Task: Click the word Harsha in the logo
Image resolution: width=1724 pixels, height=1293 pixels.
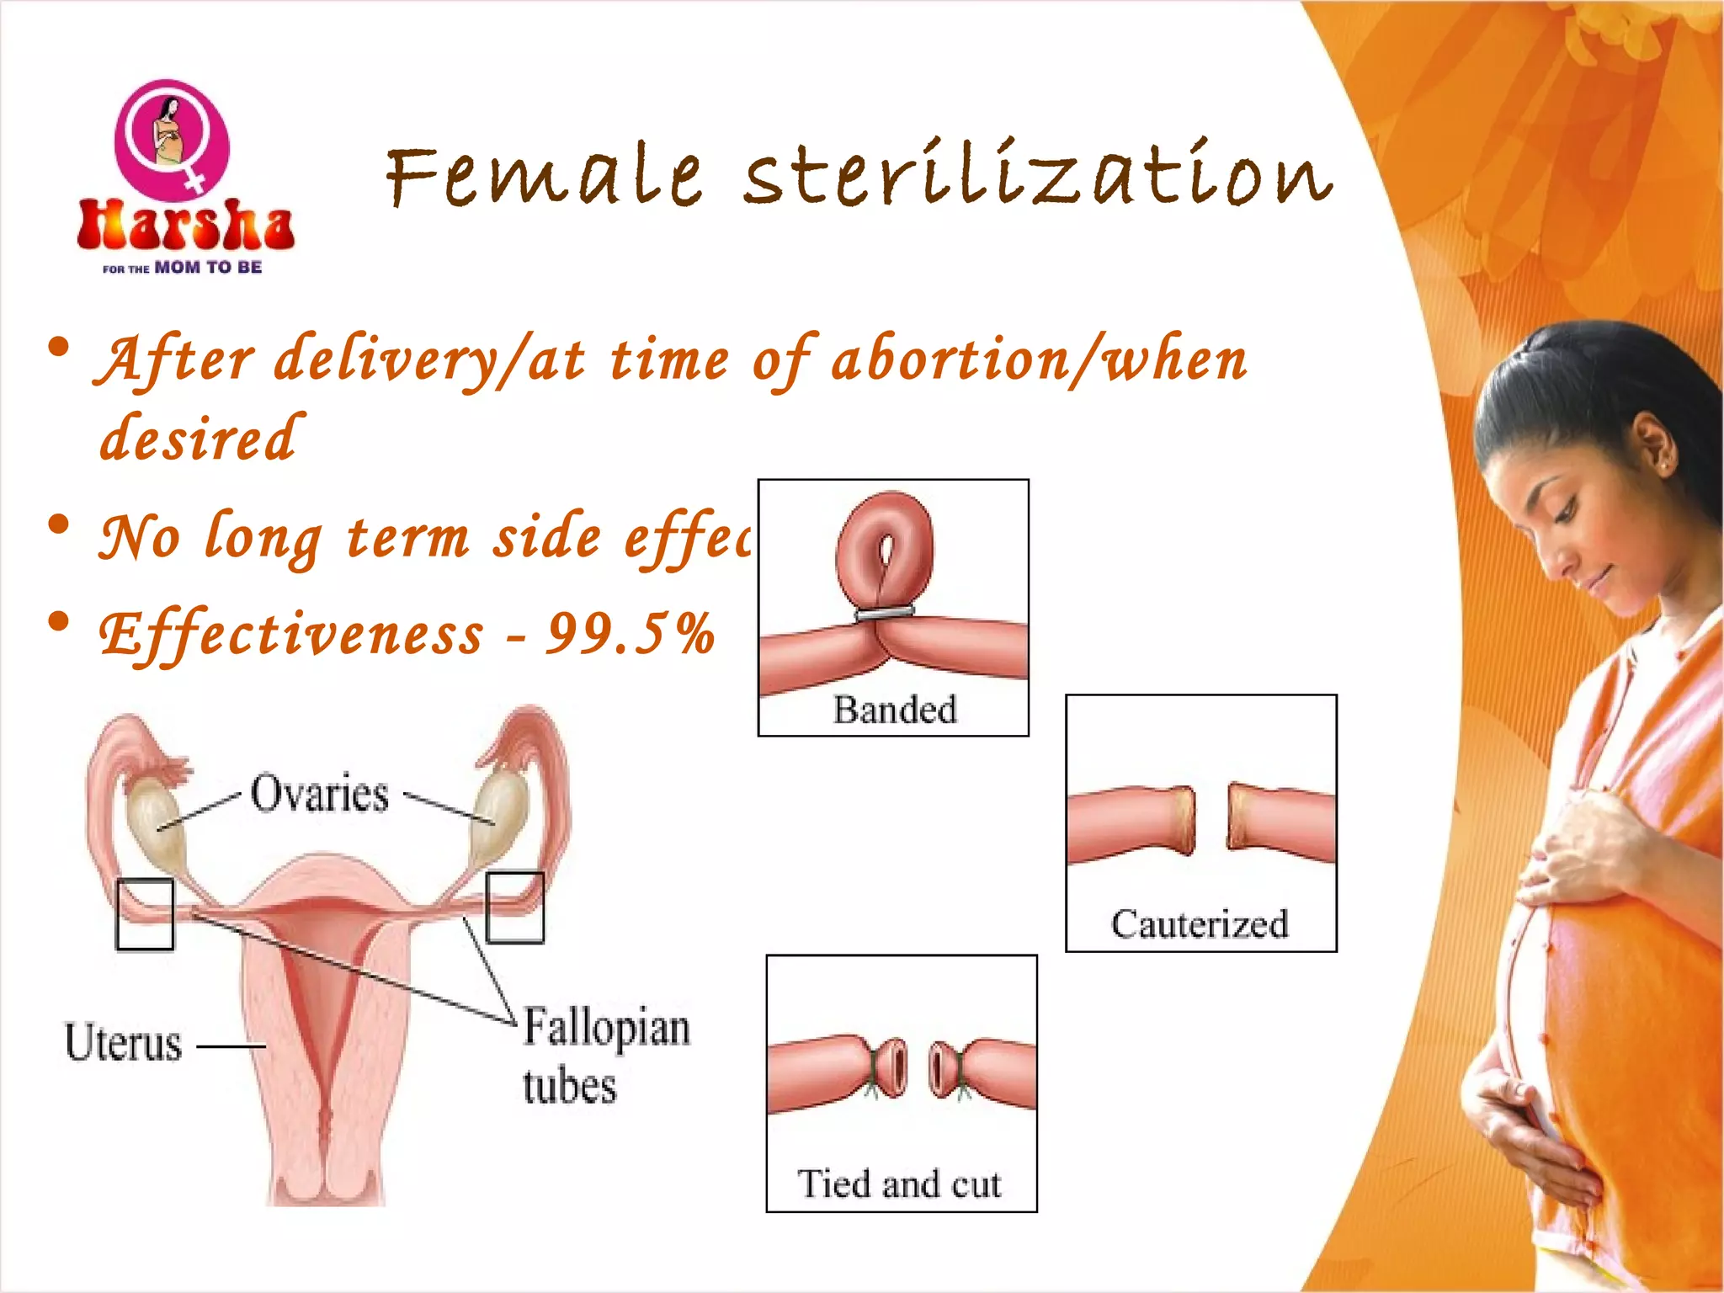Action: [185, 226]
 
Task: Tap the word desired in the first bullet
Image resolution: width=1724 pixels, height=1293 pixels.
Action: [199, 438]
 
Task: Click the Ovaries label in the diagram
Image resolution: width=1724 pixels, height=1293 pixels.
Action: [320, 794]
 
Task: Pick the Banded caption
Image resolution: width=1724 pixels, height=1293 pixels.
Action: [895, 710]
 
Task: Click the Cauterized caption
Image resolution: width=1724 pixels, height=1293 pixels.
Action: [1200, 924]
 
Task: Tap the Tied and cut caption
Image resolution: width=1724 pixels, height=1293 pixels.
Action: [899, 1184]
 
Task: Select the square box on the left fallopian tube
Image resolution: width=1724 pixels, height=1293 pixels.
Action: [145, 914]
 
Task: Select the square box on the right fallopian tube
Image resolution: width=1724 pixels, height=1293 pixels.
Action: [515, 907]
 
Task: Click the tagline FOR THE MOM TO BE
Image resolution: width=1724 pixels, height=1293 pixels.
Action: [183, 268]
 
